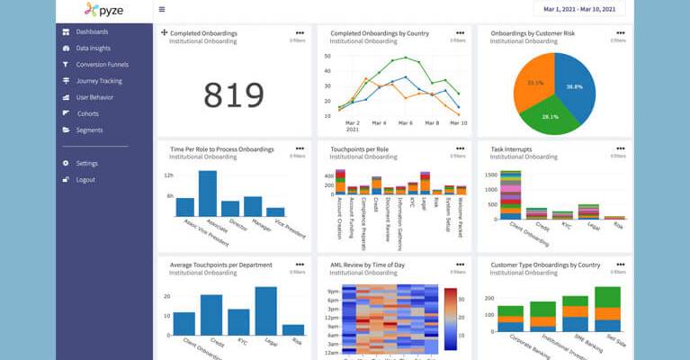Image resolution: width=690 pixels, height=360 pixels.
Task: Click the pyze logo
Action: tap(103, 11)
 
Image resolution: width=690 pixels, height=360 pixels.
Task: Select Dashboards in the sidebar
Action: tap(94, 31)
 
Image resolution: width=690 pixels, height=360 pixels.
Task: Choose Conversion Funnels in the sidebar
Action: tap(102, 65)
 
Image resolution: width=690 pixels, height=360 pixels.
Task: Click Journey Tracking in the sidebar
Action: tap(99, 81)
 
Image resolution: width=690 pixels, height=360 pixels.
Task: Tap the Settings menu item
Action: tap(87, 164)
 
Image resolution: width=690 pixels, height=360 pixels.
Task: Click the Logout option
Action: tap(85, 180)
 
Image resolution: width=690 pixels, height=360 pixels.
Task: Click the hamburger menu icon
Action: tap(162, 10)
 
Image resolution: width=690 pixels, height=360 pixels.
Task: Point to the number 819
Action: tap(233, 94)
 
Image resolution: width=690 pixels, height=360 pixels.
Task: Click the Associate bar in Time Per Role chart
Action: tap(208, 193)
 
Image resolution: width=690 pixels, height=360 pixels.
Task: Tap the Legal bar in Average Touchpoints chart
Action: tap(265, 311)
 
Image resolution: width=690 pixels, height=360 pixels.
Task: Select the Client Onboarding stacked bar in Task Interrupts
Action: tap(510, 195)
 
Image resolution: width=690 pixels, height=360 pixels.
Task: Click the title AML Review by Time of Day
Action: tap(369, 265)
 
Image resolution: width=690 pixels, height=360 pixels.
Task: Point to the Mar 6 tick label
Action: tap(405, 122)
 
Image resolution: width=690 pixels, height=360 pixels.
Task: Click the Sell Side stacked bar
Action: tap(608, 310)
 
